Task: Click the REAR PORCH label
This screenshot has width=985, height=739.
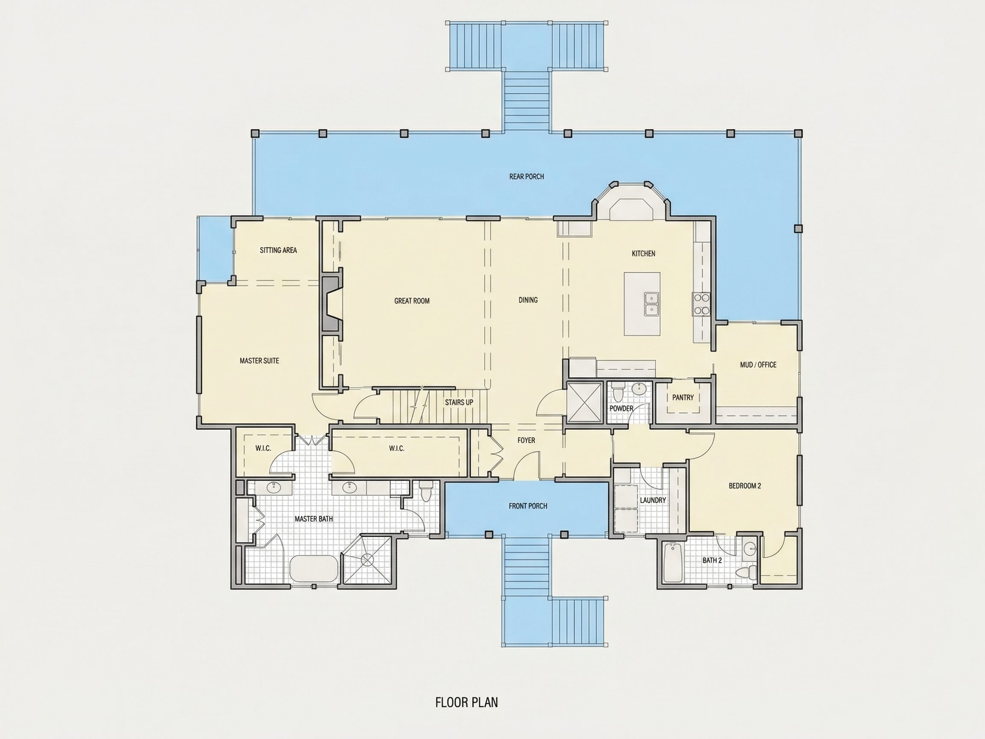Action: point(526,176)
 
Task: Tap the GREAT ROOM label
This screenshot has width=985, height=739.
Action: point(412,301)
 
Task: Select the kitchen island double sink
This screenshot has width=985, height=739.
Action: point(651,304)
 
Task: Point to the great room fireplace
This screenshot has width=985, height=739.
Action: point(332,304)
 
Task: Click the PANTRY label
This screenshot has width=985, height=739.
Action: point(683,397)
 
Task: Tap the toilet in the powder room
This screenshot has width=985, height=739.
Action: point(618,394)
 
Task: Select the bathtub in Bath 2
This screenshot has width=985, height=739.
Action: point(672,562)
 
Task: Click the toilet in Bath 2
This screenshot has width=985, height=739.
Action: point(746,571)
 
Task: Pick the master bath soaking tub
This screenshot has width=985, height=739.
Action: point(314,568)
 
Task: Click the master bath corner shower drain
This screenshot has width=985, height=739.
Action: point(368,559)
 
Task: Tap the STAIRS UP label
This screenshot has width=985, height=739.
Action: point(459,402)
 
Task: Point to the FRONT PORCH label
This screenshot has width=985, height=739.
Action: point(528,506)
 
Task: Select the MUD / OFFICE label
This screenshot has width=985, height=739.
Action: point(758,365)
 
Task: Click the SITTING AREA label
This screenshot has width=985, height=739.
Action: point(278,250)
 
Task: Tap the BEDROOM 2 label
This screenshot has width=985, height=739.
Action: point(745,486)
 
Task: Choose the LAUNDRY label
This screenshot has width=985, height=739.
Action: point(653,500)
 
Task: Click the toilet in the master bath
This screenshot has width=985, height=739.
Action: point(426,491)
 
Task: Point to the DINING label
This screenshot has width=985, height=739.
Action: point(528,300)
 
